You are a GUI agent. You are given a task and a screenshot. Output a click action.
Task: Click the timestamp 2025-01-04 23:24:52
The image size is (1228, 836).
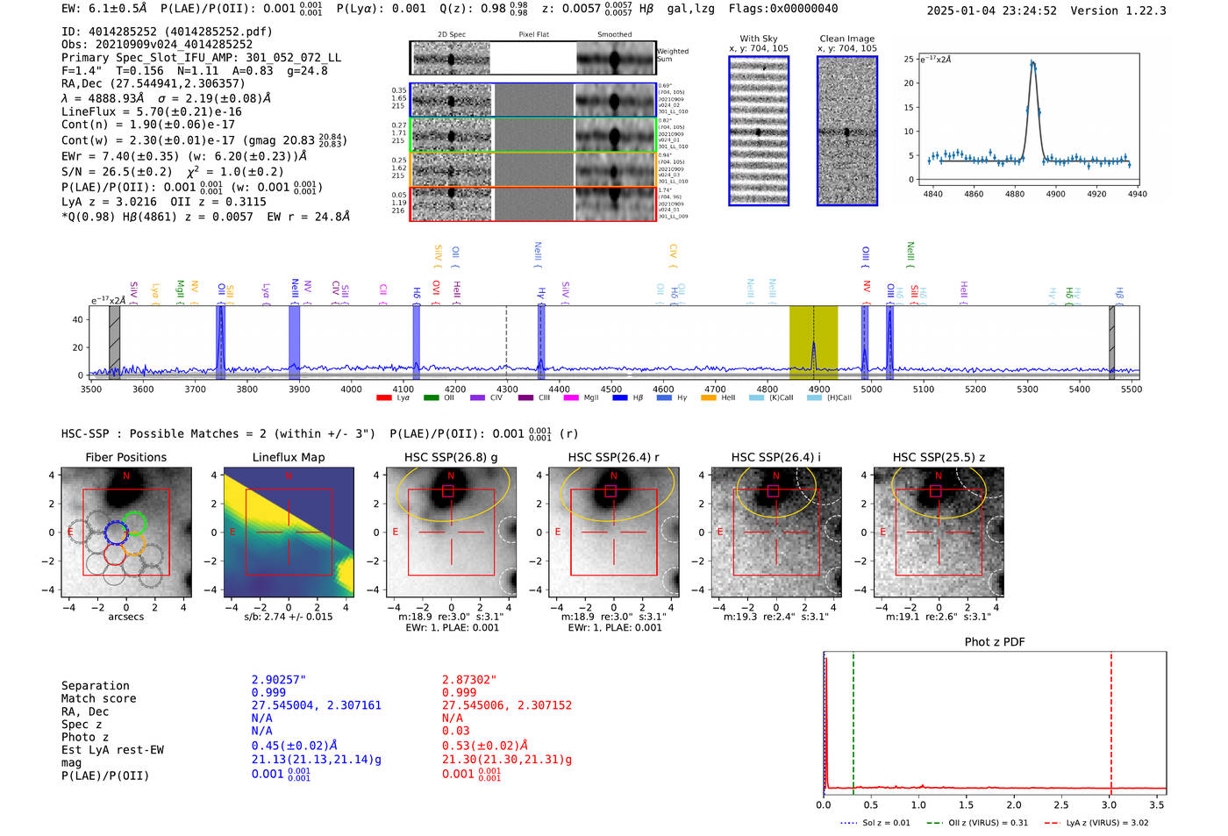[991, 11]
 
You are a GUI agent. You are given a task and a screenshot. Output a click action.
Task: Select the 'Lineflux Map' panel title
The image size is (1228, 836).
[289, 457]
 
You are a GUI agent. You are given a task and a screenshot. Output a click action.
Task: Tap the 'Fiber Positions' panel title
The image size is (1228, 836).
[125, 457]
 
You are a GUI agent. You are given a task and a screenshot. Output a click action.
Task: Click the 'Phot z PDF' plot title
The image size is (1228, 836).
[995, 641]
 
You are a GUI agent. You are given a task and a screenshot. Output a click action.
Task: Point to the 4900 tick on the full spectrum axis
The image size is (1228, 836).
[818, 389]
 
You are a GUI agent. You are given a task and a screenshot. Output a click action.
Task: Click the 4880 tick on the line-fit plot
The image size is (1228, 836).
[1014, 194]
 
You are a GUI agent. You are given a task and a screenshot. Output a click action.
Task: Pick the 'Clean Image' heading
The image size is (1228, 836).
[846, 39]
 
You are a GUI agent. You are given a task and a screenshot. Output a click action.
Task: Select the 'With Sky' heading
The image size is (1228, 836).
[758, 39]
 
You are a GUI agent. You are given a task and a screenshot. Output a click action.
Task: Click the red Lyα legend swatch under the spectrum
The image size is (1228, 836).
[383, 397]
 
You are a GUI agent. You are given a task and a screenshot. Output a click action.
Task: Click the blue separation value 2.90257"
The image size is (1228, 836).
[279, 680]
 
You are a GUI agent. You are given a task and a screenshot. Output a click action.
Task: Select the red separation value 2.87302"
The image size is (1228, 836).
[469, 680]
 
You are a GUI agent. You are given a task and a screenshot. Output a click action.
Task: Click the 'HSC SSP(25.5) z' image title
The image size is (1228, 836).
[939, 457]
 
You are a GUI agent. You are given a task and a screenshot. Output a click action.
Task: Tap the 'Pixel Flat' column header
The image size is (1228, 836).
[533, 34]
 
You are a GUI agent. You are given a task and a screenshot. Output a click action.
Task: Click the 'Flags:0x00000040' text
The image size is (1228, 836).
[782, 9]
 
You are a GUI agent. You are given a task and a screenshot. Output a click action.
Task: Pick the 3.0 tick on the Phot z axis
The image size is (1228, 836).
[1110, 804]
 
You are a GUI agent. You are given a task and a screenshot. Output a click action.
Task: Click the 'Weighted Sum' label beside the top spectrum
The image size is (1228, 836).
[672, 55]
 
